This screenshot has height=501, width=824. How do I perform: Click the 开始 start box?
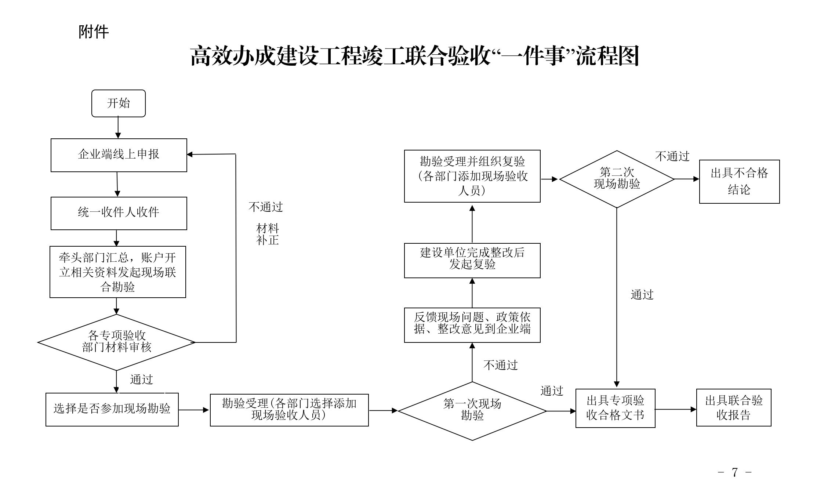[x=118, y=104]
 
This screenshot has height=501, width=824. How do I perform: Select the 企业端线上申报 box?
[x=119, y=155]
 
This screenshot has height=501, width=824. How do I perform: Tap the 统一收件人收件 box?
[x=119, y=213]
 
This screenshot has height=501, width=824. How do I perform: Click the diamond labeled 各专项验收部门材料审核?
[x=116, y=342]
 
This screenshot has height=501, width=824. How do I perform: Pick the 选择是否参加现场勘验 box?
[x=112, y=409]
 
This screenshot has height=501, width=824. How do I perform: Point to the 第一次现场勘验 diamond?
[x=472, y=411]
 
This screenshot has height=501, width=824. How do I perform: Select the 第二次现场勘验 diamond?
[x=617, y=179]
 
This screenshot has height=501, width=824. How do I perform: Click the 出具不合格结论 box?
[x=739, y=181]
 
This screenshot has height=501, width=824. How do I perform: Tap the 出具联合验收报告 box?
[x=733, y=407]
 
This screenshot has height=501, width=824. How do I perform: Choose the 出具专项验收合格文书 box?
[x=615, y=408]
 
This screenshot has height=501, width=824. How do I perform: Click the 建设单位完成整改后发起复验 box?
[x=472, y=260]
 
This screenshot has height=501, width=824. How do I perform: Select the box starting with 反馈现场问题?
[x=472, y=325]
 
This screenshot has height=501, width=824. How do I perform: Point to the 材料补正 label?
[x=268, y=235]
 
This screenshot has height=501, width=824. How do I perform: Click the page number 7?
[x=734, y=472]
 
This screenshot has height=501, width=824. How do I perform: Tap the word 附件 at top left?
[x=94, y=32]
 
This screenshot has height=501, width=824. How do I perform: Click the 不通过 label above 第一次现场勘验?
[x=500, y=365]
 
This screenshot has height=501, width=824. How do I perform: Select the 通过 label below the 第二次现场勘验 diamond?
[x=642, y=295]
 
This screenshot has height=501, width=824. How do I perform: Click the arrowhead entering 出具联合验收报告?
[x=693, y=409]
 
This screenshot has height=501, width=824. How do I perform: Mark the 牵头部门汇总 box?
[x=118, y=272]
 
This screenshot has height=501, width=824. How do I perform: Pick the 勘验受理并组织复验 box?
[x=472, y=176]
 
